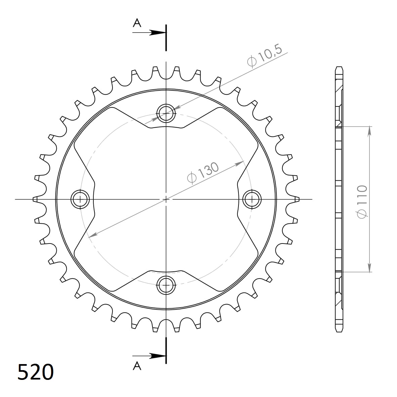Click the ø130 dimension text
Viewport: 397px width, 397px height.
coord(203,173)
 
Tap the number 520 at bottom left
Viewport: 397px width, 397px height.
coord(35,372)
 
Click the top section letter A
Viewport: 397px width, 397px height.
coord(137,23)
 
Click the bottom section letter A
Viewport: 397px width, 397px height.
coord(137,366)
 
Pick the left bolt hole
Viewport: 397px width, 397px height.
coord(80,199)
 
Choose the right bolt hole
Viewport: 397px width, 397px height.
coord(252,199)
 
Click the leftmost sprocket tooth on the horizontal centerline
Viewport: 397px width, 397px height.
coord(34,199)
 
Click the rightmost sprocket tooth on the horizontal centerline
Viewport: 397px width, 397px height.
coord(297,199)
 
